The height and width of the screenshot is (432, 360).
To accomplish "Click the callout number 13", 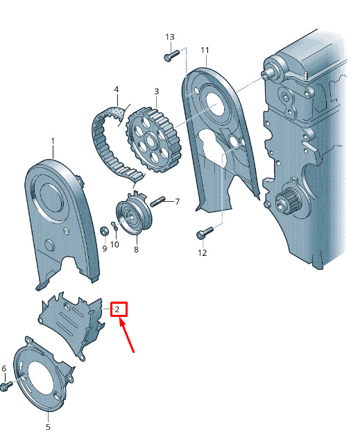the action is click(170, 37).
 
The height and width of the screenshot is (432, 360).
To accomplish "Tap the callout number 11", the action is click(205, 50).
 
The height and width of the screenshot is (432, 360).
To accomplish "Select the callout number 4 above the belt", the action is click(117, 89).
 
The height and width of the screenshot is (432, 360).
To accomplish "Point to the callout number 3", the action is click(157, 92).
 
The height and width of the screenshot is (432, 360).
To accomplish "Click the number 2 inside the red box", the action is click(117, 309).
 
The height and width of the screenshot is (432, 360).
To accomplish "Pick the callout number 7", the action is click(177, 202).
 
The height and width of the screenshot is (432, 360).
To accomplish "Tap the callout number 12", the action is click(203, 252).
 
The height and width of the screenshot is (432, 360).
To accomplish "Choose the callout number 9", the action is click(105, 248).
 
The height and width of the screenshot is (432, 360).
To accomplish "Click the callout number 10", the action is click(114, 244).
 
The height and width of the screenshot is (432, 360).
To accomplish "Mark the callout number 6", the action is click(4, 369).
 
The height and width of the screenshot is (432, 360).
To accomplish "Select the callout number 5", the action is click(48, 426).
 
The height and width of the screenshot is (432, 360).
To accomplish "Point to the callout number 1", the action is click(53, 141).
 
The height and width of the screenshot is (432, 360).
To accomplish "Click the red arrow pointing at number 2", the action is click(127, 335).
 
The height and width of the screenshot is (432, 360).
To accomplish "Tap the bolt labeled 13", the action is click(171, 55).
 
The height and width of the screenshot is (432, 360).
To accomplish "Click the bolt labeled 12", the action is click(205, 232).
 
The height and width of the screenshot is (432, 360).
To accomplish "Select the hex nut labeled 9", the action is click(104, 231).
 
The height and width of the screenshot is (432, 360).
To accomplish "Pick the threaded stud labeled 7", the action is click(157, 201).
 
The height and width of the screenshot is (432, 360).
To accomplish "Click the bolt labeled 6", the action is click(6, 386).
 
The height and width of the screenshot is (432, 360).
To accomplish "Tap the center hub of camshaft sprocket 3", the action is click(150, 139).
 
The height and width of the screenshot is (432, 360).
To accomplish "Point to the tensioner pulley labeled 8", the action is click(133, 214).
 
